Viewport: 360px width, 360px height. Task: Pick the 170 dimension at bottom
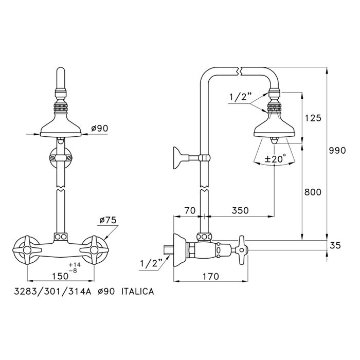[209, 276]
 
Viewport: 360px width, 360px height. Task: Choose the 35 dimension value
[335, 246]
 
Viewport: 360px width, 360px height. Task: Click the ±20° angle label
[275, 159]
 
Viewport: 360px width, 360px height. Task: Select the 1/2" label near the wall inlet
[150, 264]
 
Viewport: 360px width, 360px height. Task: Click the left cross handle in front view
[25, 250]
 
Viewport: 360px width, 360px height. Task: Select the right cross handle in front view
[95, 250]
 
